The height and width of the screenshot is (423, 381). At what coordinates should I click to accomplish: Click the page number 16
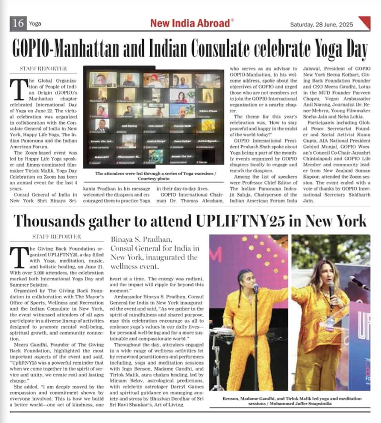pyautogui.click(x=18, y=23)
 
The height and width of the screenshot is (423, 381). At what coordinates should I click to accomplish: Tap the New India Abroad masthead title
pyautogui.click(x=190, y=23)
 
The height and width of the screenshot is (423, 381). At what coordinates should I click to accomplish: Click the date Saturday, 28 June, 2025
pyautogui.click(x=321, y=24)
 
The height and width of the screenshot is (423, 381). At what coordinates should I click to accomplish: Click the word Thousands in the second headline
pyautogui.click(x=53, y=221)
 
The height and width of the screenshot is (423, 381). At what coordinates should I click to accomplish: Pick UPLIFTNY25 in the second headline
pyautogui.click(x=242, y=221)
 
